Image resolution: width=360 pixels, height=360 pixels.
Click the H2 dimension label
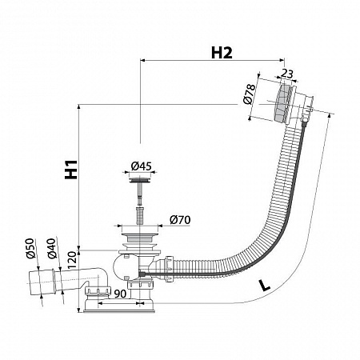pyautogui.click(x=222, y=53)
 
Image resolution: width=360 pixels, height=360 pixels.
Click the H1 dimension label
pyautogui.click(x=71, y=170)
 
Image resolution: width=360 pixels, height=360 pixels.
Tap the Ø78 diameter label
pyautogui.click(x=250, y=94)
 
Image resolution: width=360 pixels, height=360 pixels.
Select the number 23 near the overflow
pyautogui.click(x=287, y=74)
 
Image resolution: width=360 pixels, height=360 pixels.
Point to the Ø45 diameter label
pyautogui.click(x=141, y=166)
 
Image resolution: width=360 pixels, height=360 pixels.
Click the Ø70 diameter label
pyautogui.click(x=180, y=220)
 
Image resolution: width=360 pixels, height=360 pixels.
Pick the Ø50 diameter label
pyautogui.click(x=30, y=248)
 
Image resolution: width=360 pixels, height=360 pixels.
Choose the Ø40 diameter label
pyautogui.click(x=52, y=248)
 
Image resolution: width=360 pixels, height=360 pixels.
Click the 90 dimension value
pyautogui.click(x=120, y=294)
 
